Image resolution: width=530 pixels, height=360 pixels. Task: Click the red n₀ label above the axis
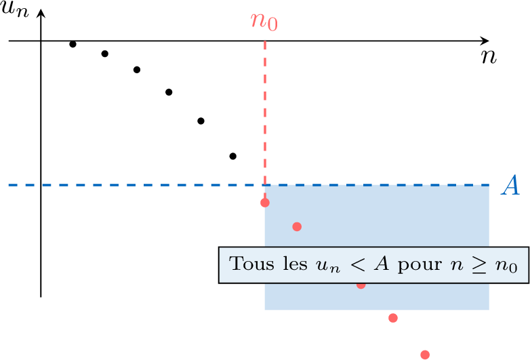point(264,22)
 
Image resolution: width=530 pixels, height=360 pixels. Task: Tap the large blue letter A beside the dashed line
point(510,185)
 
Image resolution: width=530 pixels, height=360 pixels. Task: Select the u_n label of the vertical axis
point(15,9)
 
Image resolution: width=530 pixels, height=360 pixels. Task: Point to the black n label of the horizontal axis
point(489,57)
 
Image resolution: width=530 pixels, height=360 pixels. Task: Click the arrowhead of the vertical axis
point(41,12)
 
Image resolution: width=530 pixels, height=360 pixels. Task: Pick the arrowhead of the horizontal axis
point(485,41)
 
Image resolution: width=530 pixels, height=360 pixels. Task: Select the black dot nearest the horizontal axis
point(73,44)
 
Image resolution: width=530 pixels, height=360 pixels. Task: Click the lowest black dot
point(233,156)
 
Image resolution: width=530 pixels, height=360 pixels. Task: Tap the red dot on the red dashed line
point(265,203)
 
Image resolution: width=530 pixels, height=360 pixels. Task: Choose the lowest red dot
point(425,355)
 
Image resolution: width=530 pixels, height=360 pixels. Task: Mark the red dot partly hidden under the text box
point(361,285)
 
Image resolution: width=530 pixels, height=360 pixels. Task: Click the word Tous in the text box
point(252,264)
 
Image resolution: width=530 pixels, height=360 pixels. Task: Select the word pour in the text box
point(420,264)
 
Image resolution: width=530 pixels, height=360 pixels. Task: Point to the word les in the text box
point(295,263)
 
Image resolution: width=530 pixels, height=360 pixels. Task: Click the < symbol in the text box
point(358,264)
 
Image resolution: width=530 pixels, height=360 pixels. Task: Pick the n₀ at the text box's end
point(506,266)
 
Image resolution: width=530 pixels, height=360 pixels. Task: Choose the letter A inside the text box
point(382,264)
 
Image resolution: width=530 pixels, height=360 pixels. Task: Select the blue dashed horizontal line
point(249,185)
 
